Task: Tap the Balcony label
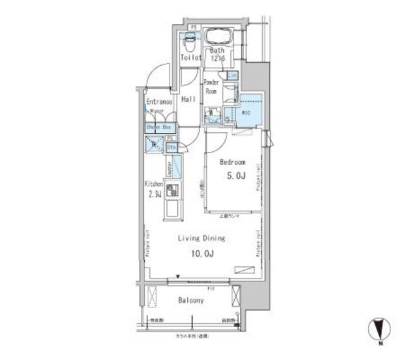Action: (x=190, y=301)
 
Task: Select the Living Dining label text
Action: (x=201, y=239)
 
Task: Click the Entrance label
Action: (x=159, y=101)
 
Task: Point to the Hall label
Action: (x=188, y=100)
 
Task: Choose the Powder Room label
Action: (x=211, y=87)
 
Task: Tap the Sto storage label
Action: (x=171, y=147)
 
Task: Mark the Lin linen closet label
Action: (x=232, y=76)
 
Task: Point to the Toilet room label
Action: (x=190, y=57)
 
